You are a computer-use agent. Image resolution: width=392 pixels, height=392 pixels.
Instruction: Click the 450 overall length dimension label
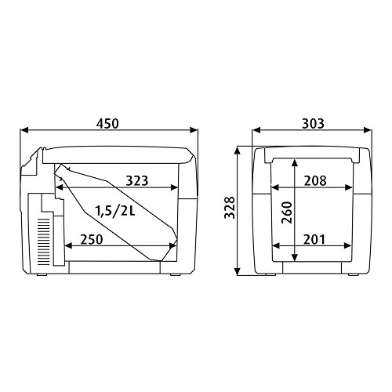pyautogui.click(x=107, y=124)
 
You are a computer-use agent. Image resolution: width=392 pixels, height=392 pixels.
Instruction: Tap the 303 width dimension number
pyautogui.click(x=313, y=124)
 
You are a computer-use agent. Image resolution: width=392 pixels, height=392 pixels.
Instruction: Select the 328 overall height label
pyautogui.click(x=230, y=208)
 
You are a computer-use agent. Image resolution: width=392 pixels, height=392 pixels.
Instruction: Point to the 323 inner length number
pyautogui.click(x=137, y=180)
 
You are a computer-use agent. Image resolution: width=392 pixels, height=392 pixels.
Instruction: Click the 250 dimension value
pyautogui.click(x=92, y=239)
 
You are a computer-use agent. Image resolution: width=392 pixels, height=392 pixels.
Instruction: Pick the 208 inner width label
pyautogui.click(x=315, y=180)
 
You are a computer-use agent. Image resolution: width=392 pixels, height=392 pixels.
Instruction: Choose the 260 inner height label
pyautogui.click(x=287, y=212)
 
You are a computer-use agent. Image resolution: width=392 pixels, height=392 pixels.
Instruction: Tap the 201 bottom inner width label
pyautogui.click(x=314, y=239)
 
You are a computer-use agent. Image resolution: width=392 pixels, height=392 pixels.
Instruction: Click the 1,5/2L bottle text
pyautogui.click(x=115, y=211)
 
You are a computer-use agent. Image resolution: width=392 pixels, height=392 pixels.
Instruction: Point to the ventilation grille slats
pyautogui.click(x=43, y=241)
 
